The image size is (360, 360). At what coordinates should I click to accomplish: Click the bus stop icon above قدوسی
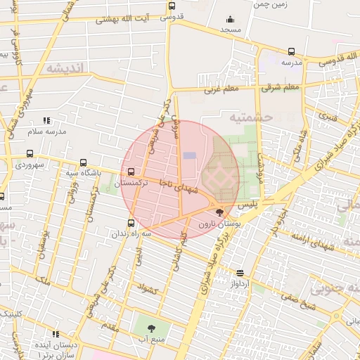[x=172, y=6]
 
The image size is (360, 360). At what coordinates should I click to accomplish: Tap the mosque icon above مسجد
[x=230, y=20]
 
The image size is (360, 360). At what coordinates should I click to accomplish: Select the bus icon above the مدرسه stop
[x=291, y=51]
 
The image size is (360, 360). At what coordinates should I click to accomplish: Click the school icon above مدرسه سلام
[x=46, y=121]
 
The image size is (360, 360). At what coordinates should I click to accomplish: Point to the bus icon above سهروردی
[x=30, y=153]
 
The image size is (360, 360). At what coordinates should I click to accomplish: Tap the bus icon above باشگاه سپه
[x=84, y=162]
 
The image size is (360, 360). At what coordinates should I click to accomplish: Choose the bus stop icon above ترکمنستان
[x=131, y=172]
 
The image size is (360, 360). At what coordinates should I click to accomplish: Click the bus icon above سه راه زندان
[x=131, y=223]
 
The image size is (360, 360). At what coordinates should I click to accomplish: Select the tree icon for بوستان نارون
[x=220, y=212]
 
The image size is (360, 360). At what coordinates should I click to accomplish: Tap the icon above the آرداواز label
[x=240, y=273]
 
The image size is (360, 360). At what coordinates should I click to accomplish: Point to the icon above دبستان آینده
[x=56, y=335]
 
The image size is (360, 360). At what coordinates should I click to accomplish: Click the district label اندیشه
[x=67, y=68]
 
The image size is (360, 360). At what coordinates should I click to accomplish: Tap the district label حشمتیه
[x=250, y=117]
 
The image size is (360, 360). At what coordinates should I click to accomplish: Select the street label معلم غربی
[x=222, y=89]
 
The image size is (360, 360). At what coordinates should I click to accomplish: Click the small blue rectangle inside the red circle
[x=190, y=155]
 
